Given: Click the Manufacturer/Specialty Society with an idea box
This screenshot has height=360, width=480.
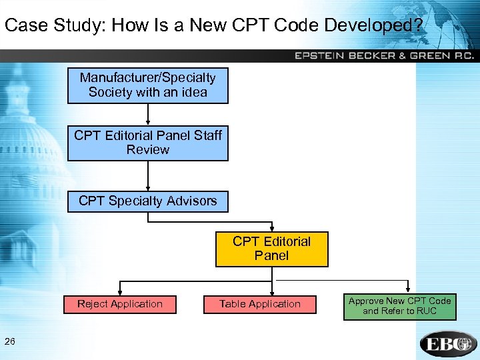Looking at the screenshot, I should pyautogui.click(x=147, y=85).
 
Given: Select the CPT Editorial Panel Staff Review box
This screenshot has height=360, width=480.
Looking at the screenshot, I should pyautogui.click(x=147, y=143).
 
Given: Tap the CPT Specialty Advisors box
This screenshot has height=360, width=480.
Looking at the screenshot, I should pyautogui.click(x=147, y=201).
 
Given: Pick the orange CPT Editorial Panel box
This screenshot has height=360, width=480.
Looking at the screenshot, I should pyautogui.click(x=271, y=249).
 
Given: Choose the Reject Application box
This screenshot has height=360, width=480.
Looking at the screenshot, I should pyautogui.click(x=120, y=304).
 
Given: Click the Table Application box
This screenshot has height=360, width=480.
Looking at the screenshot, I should pyautogui.click(x=260, y=304).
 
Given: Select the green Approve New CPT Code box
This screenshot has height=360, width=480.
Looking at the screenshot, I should pyautogui.click(x=399, y=306).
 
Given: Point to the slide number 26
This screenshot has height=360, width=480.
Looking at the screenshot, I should pyautogui.click(x=10, y=342).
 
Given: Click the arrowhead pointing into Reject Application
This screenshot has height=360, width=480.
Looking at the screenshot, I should pyautogui.click(x=120, y=291).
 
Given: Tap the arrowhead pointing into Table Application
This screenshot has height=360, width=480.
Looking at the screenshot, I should pyautogui.click(x=260, y=291).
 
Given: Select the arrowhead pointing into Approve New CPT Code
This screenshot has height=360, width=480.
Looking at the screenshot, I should pyautogui.click(x=409, y=290).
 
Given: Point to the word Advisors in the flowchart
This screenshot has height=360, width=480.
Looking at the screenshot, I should pyautogui.click(x=192, y=201).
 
